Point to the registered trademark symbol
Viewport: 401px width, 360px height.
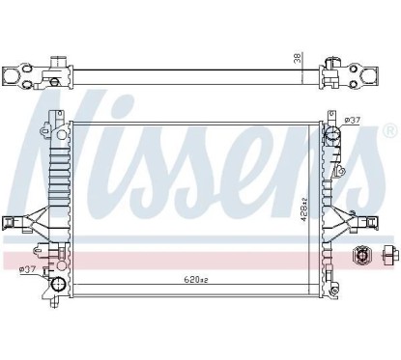pyautogui.click(x=388, y=129)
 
